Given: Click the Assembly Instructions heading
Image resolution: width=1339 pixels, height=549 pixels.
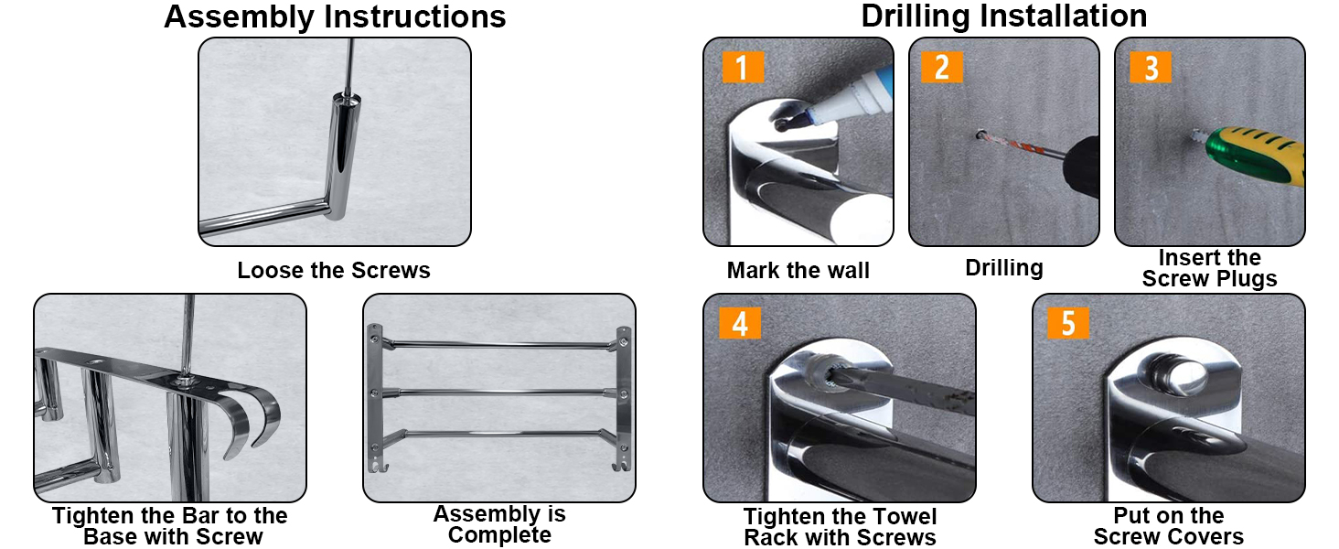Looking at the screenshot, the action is (x=335, y=16).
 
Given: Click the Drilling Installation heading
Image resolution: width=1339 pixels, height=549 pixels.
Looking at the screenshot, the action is (x=1003, y=16).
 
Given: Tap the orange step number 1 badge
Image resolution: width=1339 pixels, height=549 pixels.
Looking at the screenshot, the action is (x=742, y=67).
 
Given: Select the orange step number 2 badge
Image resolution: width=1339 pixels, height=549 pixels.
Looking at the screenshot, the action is (x=942, y=67).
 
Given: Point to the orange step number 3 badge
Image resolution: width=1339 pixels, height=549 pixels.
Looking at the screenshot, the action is (x=1151, y=67).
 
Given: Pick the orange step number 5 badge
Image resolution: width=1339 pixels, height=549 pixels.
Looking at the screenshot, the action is (x=1068, y=323).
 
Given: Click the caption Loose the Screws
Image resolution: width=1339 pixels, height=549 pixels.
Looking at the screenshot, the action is (x=334, y=271).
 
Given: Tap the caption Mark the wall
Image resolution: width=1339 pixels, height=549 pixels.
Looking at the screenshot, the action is (x=798, y=271).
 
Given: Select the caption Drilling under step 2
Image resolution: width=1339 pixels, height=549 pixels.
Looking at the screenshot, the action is (x=1004, y=268).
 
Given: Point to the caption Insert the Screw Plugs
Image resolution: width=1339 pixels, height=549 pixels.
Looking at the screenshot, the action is (x=1209, y=269).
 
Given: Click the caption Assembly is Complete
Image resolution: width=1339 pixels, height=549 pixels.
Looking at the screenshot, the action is (x=499, y=524).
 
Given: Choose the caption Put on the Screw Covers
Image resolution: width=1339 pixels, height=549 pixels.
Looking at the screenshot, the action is (x=1169, y=526).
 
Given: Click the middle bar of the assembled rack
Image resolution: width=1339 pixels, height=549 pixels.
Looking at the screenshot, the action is (x=498, y=391).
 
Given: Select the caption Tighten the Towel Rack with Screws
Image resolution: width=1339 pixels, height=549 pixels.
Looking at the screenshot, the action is (x=840, y=527).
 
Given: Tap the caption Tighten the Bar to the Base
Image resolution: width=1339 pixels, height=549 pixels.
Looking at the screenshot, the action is (x=170, y=526).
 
